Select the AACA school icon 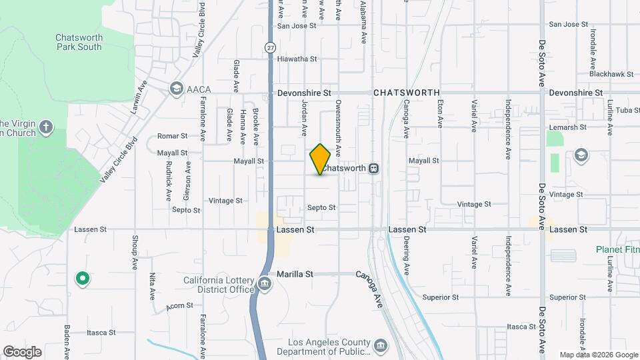click(176, 88)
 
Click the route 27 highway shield click(270, 47)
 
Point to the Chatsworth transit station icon click(375, 168)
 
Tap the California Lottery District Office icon click(265, 283)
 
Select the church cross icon click(45, 127)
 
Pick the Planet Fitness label click(617, 249)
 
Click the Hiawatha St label click(297, 59)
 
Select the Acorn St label click(179, 305)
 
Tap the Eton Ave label click(440, 114)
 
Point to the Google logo click(22, 351)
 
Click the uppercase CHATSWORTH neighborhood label click(406, 93)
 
